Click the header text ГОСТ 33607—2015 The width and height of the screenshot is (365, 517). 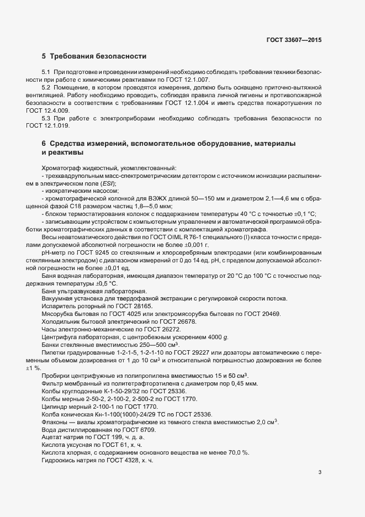tap(293, 40)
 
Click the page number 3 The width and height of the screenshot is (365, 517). tap(320, 472)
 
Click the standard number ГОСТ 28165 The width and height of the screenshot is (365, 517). tap(133, 305)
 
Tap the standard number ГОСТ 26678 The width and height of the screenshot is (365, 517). tap(170, 321)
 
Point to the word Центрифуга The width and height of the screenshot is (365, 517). tap(60, 336)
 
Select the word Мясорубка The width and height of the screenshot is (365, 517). tap(58, 313)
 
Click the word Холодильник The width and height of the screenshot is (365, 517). tap(62, 321)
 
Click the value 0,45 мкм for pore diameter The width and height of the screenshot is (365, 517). tap(244, 383)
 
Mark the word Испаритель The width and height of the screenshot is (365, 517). tap(59, 305)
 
